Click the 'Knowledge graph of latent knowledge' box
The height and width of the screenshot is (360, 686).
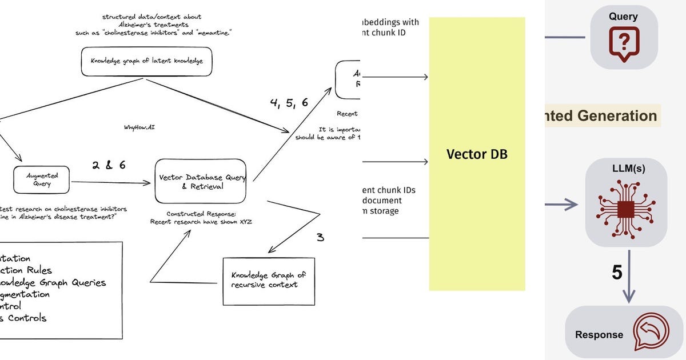pos(146,62)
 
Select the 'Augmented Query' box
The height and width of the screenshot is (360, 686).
pos(42,180)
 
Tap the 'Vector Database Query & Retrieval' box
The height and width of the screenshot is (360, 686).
pos(201,181)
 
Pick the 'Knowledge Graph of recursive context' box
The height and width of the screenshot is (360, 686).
pos(268,281)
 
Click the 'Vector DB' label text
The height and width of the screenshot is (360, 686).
pos(477,154)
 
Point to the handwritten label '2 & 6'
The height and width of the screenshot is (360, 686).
pos(109,165)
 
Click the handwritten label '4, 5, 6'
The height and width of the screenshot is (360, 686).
pos(289,103)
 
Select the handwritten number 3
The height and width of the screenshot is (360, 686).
pos(320,237)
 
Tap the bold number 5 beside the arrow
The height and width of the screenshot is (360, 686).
pos(617,273)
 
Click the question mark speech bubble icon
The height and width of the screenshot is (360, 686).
pos(624,43)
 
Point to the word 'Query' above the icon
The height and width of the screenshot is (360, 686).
pos(624,17)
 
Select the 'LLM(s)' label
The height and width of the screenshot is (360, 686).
pos(626,169)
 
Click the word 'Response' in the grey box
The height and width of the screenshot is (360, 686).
pos(599,335)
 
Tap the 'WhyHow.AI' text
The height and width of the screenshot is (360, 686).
pos(139,127)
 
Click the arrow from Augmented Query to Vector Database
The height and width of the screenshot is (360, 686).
pos(111,183)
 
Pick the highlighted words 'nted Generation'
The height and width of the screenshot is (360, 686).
pos(600,116)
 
